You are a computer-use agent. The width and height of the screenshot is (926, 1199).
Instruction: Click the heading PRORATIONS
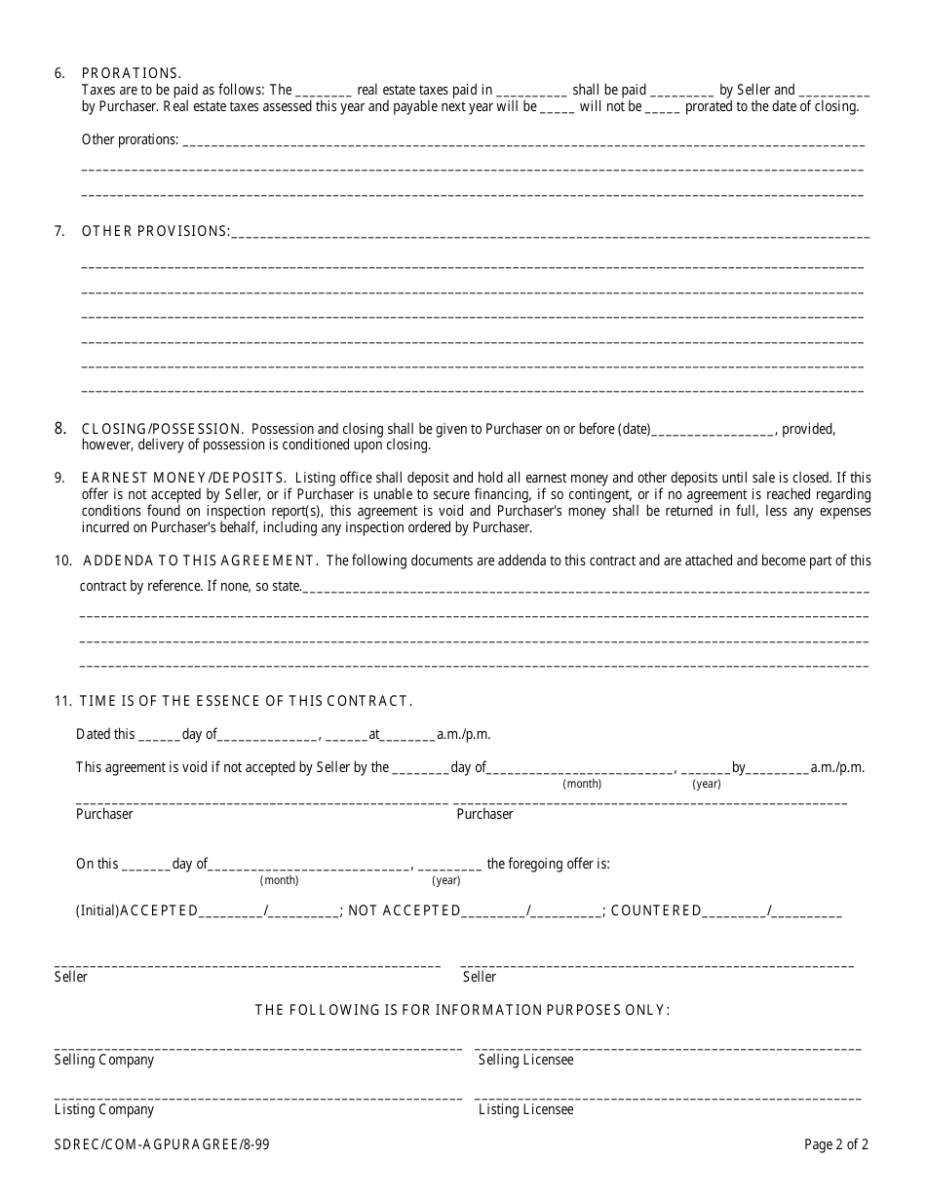[131, 73]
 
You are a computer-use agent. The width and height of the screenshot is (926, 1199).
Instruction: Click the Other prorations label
[130, 139]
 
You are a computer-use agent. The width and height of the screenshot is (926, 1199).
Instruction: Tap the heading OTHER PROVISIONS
[156, 231]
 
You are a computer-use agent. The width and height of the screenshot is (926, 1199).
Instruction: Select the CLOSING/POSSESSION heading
[162, 429]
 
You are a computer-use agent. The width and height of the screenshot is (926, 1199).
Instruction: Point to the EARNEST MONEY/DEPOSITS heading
[183, 478]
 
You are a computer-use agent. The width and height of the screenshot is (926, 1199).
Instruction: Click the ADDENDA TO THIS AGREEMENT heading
[200, 561]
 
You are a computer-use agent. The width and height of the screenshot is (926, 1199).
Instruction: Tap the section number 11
[62, 701]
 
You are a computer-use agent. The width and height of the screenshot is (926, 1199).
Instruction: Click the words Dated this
[105, 734]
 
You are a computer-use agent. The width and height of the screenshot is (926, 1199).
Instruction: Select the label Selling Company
[103, 1060]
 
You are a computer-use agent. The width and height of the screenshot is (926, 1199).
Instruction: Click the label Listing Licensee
[525, 1109]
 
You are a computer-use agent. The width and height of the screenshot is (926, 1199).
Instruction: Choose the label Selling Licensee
[525, 1060]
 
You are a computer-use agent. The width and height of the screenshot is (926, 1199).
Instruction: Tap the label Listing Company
[103, 1109]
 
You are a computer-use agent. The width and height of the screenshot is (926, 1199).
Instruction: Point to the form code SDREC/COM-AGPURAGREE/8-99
[161, 1144]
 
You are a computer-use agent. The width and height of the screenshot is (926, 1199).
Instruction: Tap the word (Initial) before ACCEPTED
[97, 910]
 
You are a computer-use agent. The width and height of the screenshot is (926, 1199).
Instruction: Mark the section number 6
[59, 73]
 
